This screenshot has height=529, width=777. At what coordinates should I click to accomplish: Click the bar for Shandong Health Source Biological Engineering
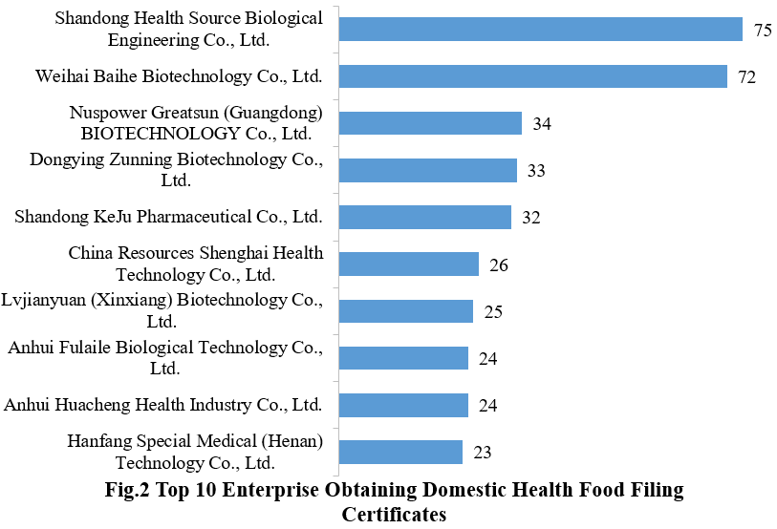(x=540, y=30)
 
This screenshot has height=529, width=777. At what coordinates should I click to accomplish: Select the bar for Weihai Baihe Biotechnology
(x=532, y=76)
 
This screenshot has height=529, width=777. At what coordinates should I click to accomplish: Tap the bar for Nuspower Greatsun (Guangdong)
(x=430, y=123)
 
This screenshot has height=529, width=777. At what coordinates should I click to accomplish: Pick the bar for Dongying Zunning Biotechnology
(x=427, y=170)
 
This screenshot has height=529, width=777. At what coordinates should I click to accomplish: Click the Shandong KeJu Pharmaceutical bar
(x=424, y=217)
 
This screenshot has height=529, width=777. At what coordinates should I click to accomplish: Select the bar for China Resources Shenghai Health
(x=408, y=264)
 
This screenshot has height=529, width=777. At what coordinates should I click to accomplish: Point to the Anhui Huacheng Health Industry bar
(x=403, y=405)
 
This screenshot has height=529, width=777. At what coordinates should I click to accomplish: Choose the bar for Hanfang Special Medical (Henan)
(x=400, y=452)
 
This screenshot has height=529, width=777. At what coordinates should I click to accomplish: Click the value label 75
(x=762, y=31)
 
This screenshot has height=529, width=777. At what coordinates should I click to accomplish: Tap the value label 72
(x=746, y=77)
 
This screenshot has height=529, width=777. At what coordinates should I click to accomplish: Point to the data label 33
(x=536, y=171)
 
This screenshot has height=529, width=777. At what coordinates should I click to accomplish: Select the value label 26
(x=498, y=264)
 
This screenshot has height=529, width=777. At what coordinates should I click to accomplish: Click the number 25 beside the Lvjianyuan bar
(x=492, y=312)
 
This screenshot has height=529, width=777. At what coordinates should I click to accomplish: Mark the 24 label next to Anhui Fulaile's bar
(x=487, y=359)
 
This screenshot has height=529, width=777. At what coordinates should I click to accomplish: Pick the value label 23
(x=482, y=453)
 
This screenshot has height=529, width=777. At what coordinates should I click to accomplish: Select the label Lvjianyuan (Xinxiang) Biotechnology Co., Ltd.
(x=162, y=311)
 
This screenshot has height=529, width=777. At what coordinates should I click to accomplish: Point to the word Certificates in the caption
(x=395, y=515)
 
